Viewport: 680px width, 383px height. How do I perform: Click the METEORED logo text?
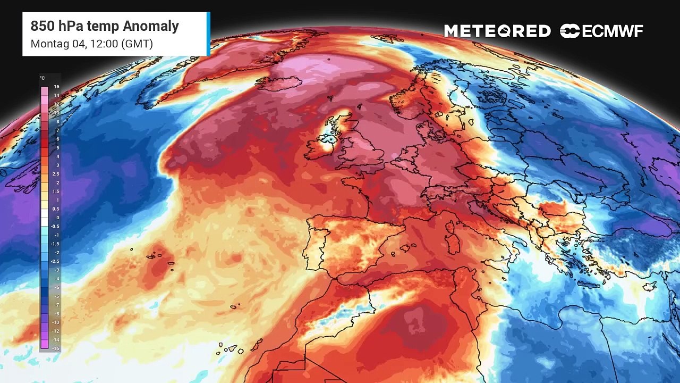(497, 31)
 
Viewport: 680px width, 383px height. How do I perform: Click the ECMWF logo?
(601, 31)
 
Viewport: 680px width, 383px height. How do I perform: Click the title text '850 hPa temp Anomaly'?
(105, 26)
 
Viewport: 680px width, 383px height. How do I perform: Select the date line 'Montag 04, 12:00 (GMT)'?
(91, 44)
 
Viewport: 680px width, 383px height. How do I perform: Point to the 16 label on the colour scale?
(56, 87)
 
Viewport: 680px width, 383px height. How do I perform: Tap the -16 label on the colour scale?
(56, 348)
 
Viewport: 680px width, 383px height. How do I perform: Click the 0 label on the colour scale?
(57, 218)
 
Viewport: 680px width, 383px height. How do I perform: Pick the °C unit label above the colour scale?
(42, 78)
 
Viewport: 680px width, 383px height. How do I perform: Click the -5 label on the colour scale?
(57, 287)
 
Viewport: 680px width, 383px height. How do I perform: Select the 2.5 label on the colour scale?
(56, 174)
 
